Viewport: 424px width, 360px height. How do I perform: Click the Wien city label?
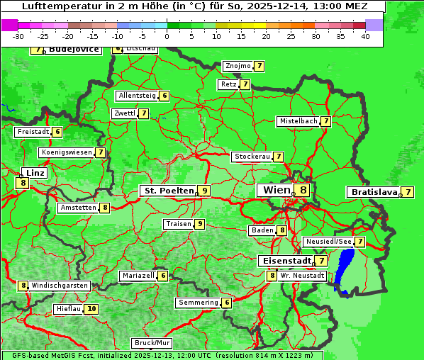tap(276, 190)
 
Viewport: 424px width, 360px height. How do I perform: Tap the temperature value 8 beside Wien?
tap(303, 190)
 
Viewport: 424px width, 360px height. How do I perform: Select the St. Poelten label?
tap(169, 191)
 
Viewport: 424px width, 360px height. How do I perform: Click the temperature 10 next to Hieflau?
tap(91, 309)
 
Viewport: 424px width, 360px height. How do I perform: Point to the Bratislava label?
tap(372, 192)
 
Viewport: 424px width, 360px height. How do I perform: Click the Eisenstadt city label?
tap(284, 261)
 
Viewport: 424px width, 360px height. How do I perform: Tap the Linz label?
tap(34, 173)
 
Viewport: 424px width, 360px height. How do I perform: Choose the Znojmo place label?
tap(238, 66)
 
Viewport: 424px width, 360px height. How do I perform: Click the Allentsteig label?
tap(137, 96)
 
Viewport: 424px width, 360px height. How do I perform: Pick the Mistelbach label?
tap(298, 121)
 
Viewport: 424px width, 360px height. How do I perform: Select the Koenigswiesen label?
tap(67, 152)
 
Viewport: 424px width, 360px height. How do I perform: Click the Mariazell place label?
tap(138, 276)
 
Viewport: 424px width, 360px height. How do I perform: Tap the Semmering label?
tap(199, 303)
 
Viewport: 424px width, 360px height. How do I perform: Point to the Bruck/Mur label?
tap(147, 343)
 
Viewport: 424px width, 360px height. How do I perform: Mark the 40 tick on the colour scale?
tap(364, 35)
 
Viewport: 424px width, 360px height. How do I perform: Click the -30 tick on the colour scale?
tap(18, 35)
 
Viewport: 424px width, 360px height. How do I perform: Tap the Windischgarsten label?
tap(60, 286)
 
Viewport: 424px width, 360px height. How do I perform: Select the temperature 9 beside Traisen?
tap(201, 224)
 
